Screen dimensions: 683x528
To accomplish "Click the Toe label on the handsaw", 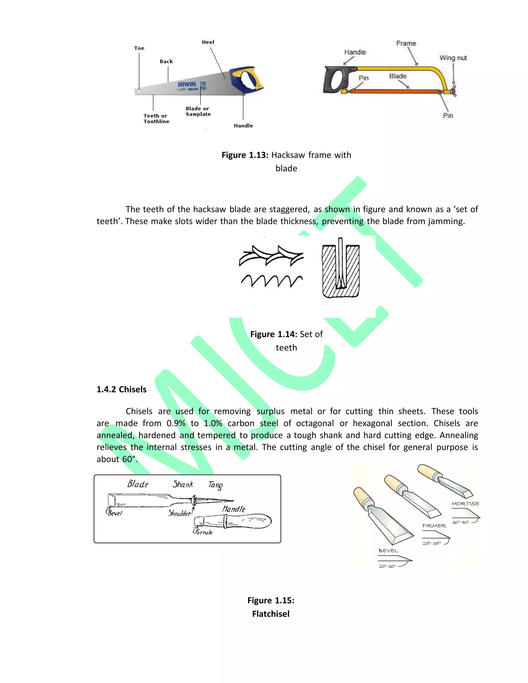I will click(139, 48).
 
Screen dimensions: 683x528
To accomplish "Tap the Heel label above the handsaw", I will click(208, 42).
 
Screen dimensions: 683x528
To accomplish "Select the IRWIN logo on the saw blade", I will click(187, 85).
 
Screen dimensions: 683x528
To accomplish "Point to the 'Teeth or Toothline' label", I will click(156, 119).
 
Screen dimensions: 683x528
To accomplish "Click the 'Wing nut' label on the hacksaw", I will click(453, 58).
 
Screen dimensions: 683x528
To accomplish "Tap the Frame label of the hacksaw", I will click(406, 44).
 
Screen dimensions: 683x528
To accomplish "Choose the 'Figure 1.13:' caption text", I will click(245, 155).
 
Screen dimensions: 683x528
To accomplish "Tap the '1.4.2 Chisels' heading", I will click(121, 389).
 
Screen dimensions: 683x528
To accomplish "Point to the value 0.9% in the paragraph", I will click(176, 423).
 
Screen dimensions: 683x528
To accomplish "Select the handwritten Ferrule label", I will click(203, 532).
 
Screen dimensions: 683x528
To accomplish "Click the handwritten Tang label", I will click(216, 485).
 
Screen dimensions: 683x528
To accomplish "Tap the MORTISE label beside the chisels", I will click(465, 504).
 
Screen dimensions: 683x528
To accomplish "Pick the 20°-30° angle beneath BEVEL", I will click(387, 566).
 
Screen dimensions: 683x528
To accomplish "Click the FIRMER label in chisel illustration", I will click(434, 526).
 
